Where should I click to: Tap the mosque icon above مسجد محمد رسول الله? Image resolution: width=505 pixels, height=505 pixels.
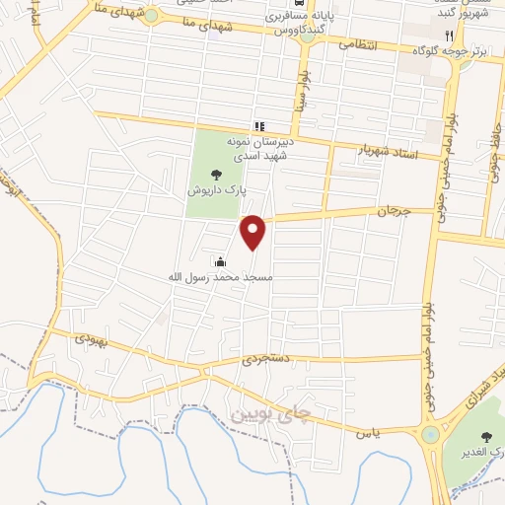(220, 262)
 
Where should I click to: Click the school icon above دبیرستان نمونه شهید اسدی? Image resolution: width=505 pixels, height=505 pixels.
(259, 126)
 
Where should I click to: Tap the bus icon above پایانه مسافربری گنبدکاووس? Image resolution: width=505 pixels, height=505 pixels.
(272, 18)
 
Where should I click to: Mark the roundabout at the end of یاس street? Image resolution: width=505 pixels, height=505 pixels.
(430, 435)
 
